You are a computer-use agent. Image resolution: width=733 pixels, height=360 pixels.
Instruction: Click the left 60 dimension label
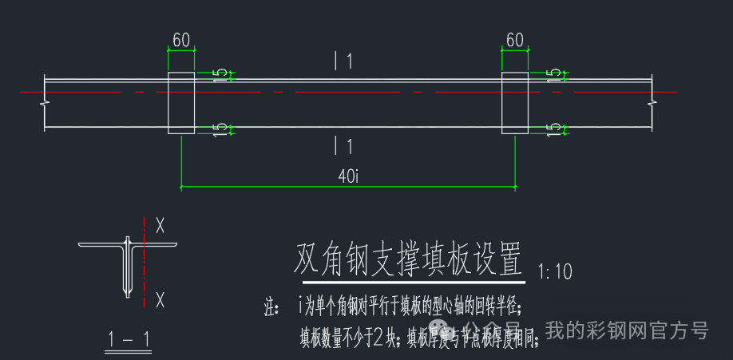click(180, 40)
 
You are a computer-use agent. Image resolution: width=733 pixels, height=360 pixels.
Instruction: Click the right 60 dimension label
click(514, 40)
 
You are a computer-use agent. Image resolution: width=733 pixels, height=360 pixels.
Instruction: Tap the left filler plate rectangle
click(180, 103)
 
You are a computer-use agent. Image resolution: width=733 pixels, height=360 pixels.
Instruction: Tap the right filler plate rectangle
click(514, 103)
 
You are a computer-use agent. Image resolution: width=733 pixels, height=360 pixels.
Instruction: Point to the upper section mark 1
click(343, 61)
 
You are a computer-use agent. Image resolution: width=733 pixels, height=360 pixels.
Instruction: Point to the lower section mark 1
click(343, 146)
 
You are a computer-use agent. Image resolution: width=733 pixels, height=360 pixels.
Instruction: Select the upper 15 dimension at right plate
click(555, 75)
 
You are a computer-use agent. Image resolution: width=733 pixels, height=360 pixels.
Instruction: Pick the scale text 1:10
click(556, 272)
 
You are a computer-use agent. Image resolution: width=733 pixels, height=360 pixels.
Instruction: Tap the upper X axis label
click(160, 226)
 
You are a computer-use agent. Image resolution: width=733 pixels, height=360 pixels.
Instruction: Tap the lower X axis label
click(160, 300)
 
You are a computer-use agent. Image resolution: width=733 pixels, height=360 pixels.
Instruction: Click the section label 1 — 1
click(129, 339)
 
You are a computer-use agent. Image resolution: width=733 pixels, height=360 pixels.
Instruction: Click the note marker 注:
click(271, 306)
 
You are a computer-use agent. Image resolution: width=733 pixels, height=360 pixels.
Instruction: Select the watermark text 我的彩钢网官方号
click(627, 330)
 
